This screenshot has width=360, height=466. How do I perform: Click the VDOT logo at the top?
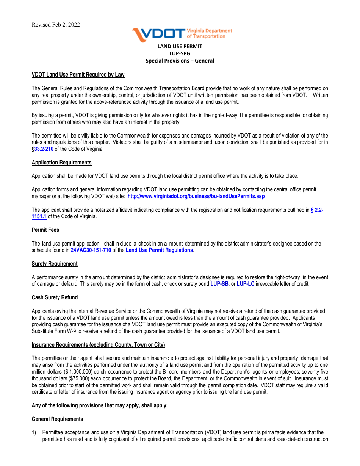tap(182, 34)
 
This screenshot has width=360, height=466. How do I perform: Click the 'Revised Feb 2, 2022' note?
tap(56, 25)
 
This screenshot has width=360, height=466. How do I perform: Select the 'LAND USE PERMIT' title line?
tap(180, 46)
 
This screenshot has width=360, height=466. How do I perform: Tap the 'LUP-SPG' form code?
tap(180, 53)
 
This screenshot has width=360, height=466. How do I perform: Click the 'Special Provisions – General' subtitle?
tap(180, 61)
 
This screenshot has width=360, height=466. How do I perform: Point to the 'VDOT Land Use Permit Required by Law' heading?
tap(78, 75)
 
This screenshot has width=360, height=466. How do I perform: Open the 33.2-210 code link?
tap(44, 149)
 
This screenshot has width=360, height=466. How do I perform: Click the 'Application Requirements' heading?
tap(62, 163)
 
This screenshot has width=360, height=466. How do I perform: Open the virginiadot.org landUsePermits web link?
tap(196, 196)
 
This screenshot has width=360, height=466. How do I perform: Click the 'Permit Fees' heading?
tap(45, 230)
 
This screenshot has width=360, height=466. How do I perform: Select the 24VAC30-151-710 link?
tap(91, 250)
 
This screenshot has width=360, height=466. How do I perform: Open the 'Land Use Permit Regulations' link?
tap(159, 250)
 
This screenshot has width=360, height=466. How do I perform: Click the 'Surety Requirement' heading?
tap(55, 264)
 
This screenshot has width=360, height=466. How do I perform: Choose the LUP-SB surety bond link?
tap(219, 284)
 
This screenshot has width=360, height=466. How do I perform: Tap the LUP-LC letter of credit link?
tap(246, 284)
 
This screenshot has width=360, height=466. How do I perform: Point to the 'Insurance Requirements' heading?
tap(98, 345)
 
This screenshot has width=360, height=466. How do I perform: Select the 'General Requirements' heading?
tap(58, 419)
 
